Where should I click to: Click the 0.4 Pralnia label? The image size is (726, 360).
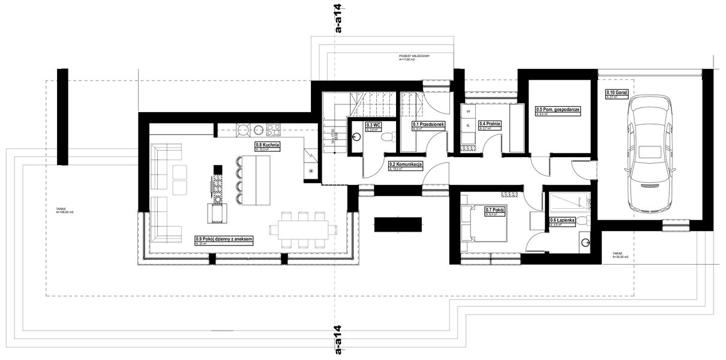490,124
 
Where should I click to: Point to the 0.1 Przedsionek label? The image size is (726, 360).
428,124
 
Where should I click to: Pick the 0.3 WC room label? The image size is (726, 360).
373,125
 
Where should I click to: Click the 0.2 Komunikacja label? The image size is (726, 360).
406,164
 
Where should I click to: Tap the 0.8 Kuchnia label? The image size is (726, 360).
267,145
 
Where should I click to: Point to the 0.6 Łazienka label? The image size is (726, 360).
563,221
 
